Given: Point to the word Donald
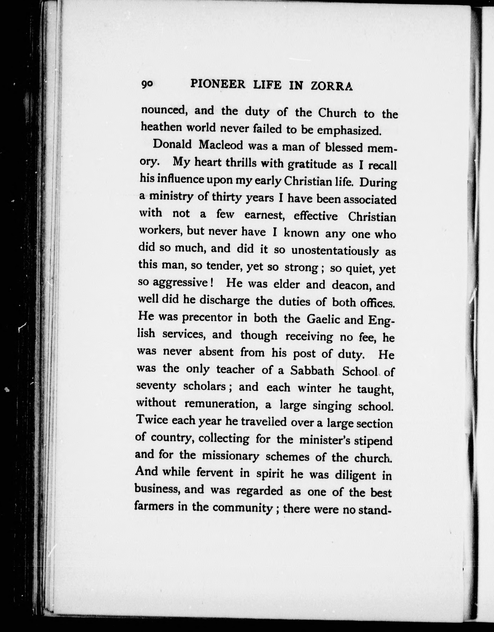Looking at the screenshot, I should (172, 144).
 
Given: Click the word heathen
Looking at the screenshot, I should (160, 127).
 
